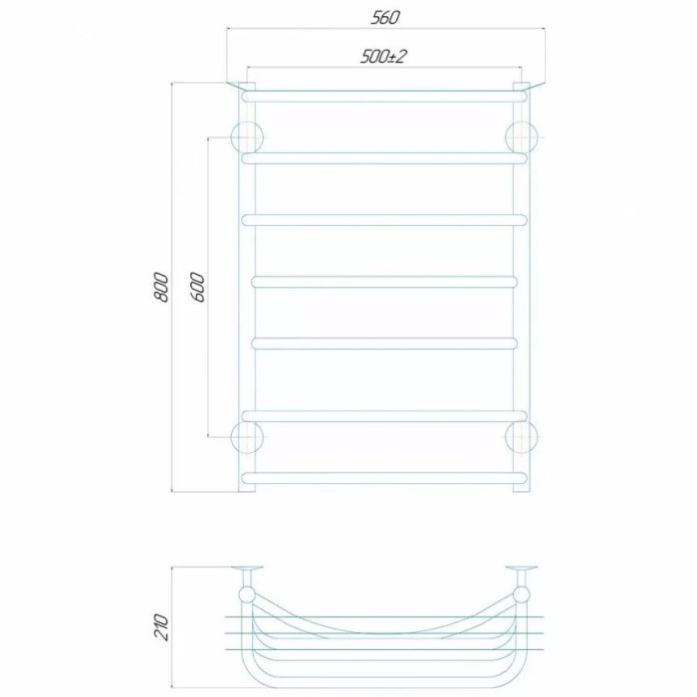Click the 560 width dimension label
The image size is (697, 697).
[385, 17]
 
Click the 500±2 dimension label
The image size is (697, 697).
[382, 57]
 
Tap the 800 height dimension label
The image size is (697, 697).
[162, 288]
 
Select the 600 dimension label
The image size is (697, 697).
[199, 288]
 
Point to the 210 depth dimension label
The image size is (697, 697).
[162, 626]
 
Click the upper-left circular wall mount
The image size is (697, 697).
[247, 137]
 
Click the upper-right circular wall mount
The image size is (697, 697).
[522, 137]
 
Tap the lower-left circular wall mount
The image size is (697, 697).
[247, 437]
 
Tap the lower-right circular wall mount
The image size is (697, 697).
[522, 437]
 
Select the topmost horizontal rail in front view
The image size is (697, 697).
[384, 97]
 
